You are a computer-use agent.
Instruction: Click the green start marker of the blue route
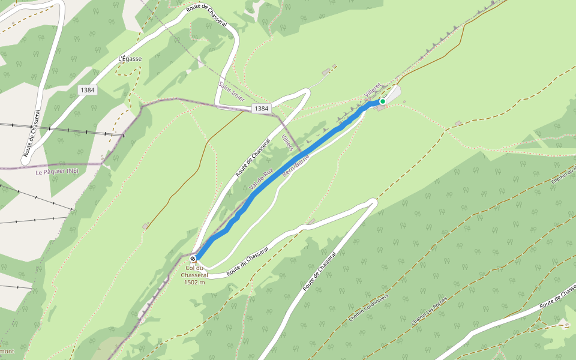point(382,101)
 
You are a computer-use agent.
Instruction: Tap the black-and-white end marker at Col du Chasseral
point(193,259)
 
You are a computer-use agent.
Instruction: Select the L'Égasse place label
point(130,59)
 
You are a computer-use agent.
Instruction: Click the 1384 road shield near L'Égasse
point(86,90)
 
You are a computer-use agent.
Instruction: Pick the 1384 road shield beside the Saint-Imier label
point(261,109)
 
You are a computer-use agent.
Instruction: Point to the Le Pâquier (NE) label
point(57,172)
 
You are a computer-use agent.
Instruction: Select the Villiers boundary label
point(288,145)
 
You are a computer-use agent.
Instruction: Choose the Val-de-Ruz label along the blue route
point(262,179)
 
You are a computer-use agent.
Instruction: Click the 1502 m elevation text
point(194,282)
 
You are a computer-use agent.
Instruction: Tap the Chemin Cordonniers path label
point(368,308)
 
